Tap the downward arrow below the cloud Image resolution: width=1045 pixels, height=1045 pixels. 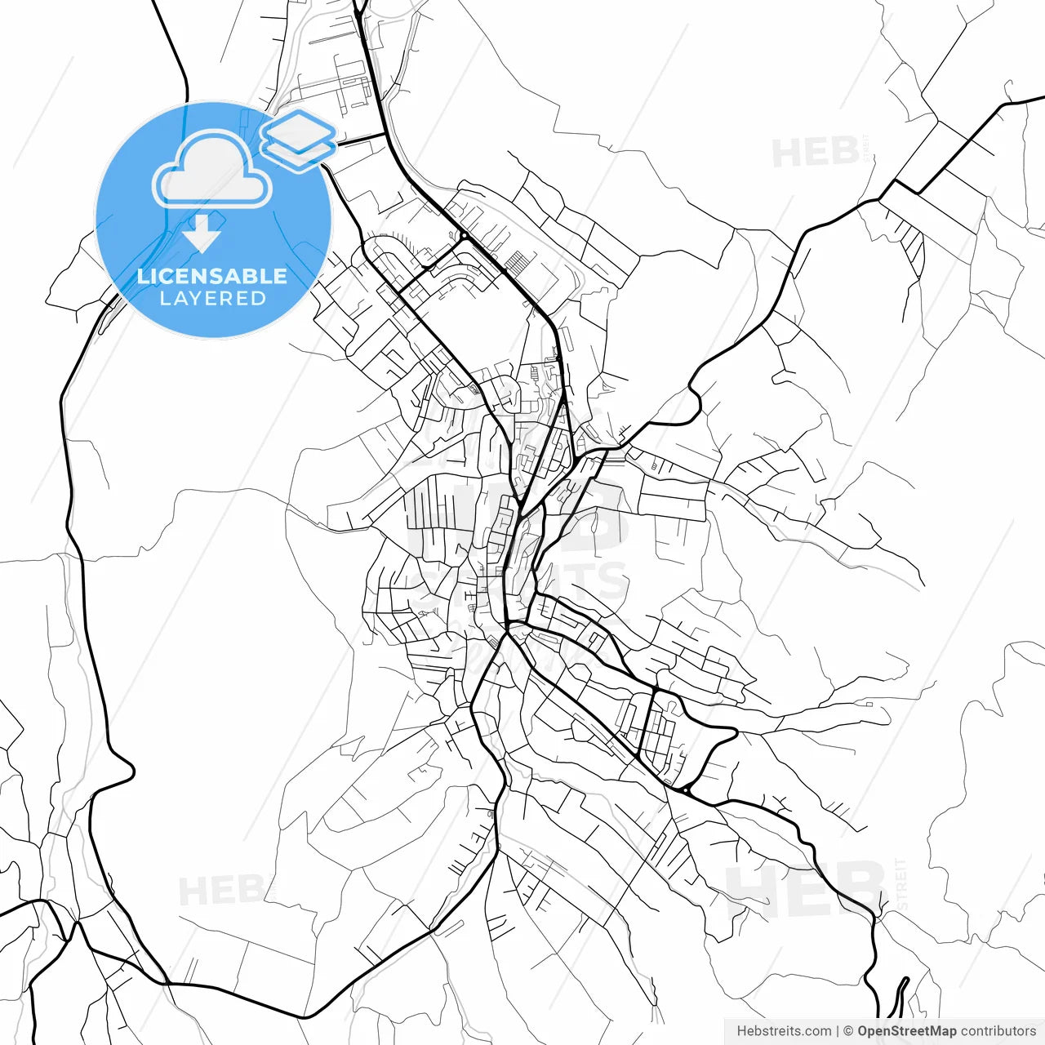tap(202, 233)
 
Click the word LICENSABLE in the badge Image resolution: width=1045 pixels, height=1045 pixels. tap(212, 276)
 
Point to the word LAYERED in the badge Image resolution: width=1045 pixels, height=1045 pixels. tap(212, 299)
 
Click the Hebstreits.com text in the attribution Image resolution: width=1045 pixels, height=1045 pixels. tap(784, 1031)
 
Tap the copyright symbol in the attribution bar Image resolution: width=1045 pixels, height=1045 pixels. tap(848, 1031)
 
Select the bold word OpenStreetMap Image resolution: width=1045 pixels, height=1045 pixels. tap(906, 1031)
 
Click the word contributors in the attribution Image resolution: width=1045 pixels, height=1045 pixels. tap(998, 1031)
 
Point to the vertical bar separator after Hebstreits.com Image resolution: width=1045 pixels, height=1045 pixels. tap(838, 1031)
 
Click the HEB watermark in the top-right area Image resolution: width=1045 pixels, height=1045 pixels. tap(815, 153)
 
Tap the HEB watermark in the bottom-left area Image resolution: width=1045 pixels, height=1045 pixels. tap(220, 890)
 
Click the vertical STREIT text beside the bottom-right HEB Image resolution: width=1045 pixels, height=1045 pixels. tap(901, 883)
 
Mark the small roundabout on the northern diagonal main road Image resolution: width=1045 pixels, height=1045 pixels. tap(463, 236)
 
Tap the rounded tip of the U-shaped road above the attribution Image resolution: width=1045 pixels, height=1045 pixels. tap(904, 980)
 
